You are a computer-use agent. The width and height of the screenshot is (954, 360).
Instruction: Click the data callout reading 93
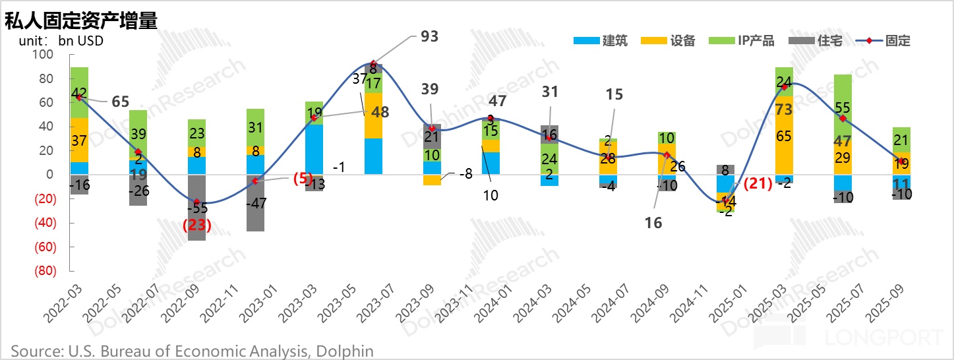coord(429,36)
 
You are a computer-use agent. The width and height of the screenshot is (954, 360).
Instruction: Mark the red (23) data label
coord(196,225)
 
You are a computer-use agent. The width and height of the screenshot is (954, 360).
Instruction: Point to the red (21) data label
coord(758,185)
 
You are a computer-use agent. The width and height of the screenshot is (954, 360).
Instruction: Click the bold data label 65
coord(120,102)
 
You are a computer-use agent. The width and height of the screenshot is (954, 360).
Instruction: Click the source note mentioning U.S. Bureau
coord(192,350)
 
